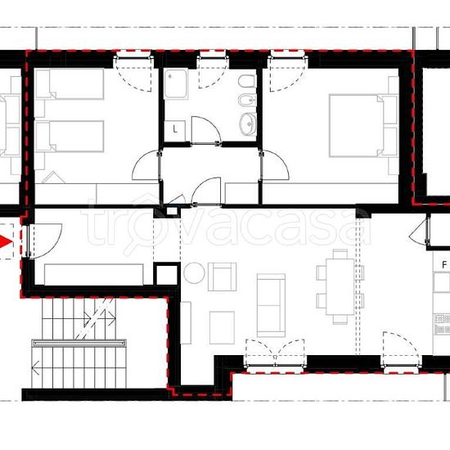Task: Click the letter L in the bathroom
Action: (175, 129)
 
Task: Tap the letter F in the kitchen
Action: (444, 265)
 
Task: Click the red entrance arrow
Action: (6, 241)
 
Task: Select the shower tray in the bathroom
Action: (176, 84)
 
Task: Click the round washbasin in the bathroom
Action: (248, 124)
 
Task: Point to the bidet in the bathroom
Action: (247, 100)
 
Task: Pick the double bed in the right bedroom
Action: (363, 126)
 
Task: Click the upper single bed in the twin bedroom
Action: (70, 83)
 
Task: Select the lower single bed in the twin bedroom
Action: (70, 136)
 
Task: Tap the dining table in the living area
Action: (340, 286)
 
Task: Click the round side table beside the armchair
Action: (194, 273)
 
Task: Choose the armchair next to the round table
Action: (222, 277)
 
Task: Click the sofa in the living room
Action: (271, 305)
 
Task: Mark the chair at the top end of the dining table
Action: (340, 254)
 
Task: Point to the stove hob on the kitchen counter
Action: (443, 325)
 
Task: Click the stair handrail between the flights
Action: (79, 344)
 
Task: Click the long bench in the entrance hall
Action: (94, 274)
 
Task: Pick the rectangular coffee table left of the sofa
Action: (222, 328)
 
